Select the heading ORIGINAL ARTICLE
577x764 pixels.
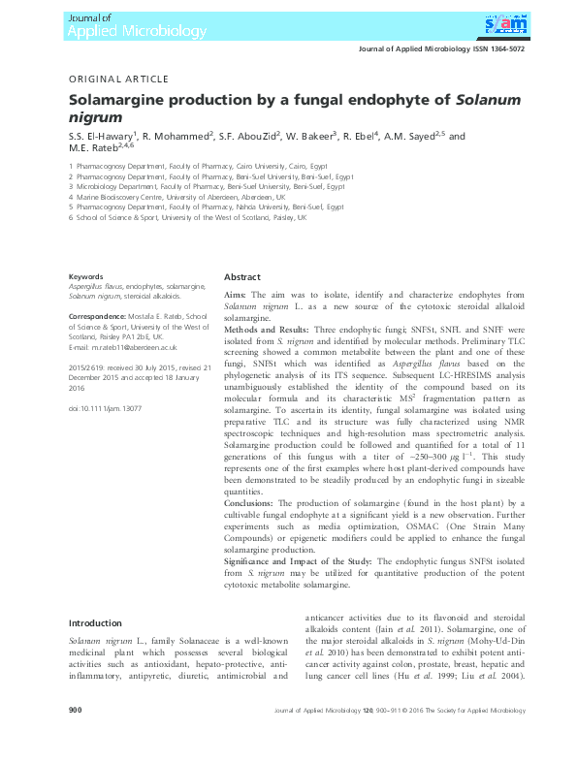[118, 79]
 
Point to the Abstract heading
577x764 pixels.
[242, 275]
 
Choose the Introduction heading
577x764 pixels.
[95, 623]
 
